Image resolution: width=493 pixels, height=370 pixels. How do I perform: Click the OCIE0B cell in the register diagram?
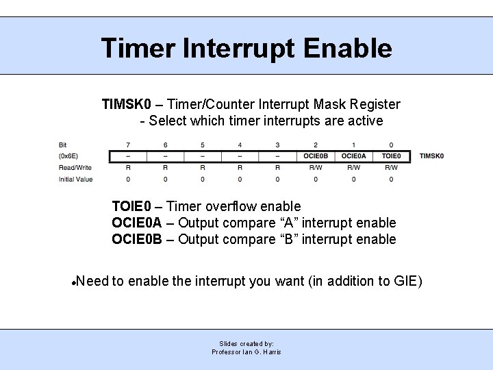coord(316,156)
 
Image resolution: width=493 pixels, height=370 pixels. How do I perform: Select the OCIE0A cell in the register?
coord(353,156)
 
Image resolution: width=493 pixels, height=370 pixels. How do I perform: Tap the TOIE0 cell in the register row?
coord(391,156)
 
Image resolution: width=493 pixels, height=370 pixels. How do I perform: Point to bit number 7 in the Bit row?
coord(127,145)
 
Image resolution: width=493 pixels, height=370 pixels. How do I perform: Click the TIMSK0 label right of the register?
coord(431,156)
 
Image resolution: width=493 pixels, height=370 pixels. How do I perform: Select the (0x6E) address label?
coord(69,156)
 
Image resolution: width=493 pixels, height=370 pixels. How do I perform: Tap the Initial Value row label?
coord(75,179)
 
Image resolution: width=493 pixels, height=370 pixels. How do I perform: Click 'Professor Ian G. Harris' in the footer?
coord(246,352)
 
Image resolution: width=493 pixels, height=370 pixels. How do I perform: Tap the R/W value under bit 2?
coord(316,167)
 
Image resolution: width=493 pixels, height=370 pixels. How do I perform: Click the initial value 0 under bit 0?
coord(391,179)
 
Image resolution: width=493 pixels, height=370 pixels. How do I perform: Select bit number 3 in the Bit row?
coord(277,145)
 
